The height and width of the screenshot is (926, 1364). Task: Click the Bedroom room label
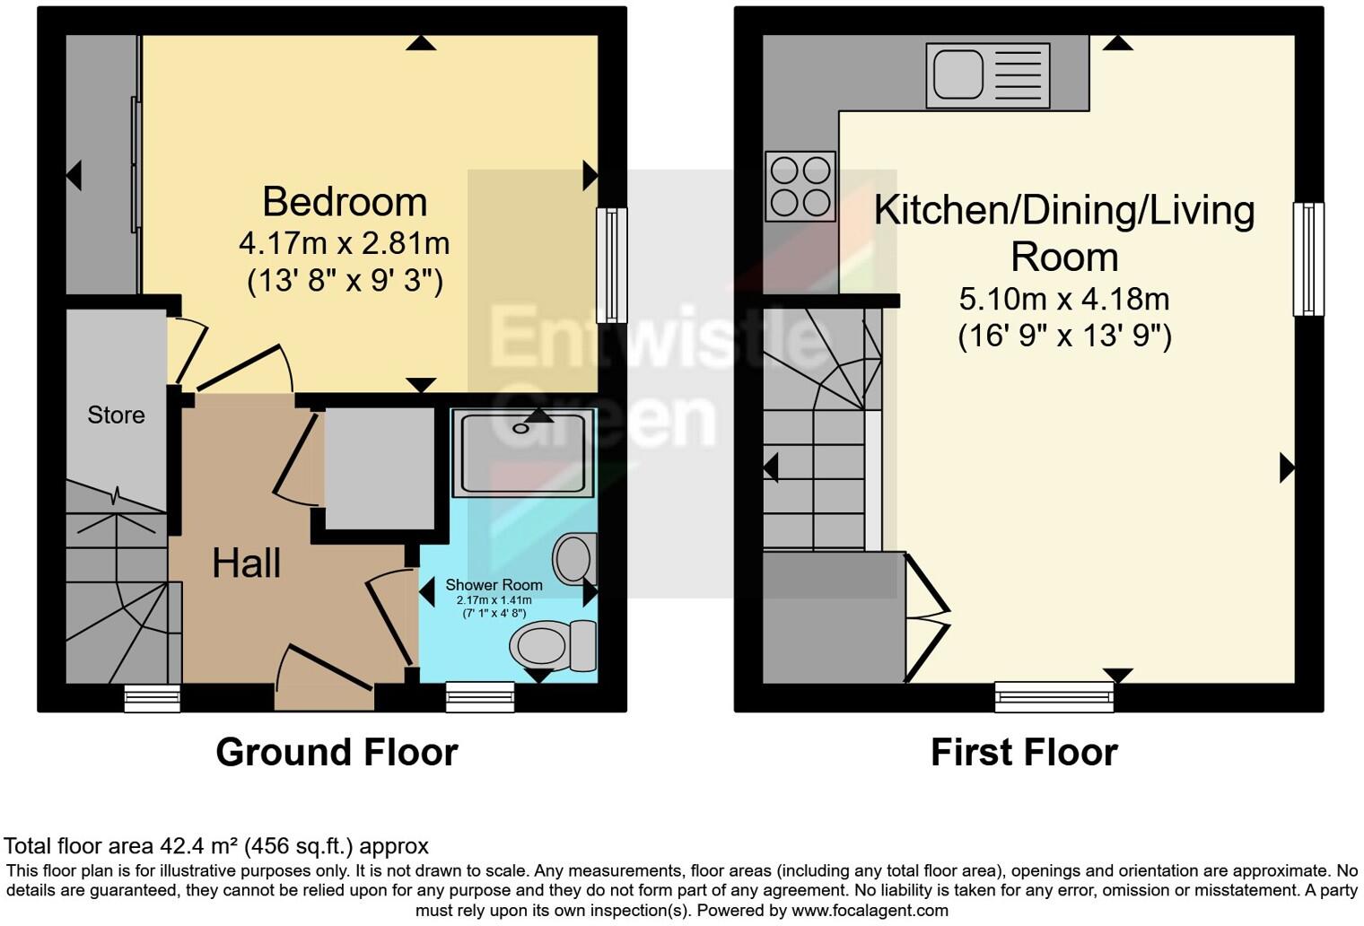click(345, 202)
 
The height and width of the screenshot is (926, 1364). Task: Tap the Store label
click(116, 415)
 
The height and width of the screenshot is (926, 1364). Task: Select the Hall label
click(246, 563)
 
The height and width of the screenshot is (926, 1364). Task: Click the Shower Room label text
click(494, 585)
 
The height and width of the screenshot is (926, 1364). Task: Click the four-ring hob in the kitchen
click(800, 186)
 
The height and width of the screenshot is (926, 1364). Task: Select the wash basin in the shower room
click(574, 558)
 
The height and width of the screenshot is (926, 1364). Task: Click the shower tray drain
click(521, 428)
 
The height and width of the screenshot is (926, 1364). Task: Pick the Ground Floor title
click(337, 752)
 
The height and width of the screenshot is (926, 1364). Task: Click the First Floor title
click(1024, 752)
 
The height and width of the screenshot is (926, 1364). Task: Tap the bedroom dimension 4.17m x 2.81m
click(345, 243)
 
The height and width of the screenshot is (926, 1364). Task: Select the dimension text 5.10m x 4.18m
click(1064, 299)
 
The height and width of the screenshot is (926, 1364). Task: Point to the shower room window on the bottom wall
click(480, 697)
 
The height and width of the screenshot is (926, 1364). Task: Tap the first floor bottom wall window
click(1054, 696)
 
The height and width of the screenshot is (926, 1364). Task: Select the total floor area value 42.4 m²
click(201, 846)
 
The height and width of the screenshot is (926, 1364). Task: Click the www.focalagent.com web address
click(868, 910)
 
